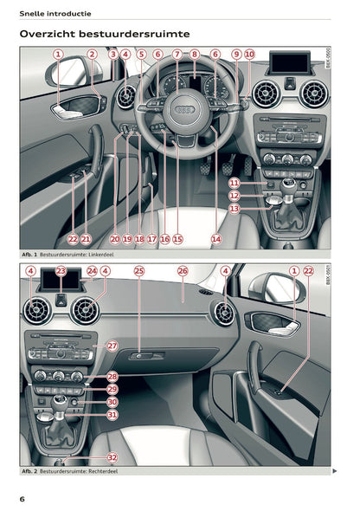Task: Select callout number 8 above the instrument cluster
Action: point(195,54)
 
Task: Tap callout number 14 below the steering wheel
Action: point(215,238)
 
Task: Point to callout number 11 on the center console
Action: point(235,184)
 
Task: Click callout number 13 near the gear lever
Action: point(235,209)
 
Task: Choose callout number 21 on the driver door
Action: point(86,238)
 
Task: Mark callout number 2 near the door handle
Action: point(92,54)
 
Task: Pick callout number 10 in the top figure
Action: point(249,54)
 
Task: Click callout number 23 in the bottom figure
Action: point(61,271)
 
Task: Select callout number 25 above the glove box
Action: point(139,271)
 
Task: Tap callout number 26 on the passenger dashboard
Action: point(183,271)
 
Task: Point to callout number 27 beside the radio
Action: point(112,346)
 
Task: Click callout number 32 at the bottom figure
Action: point(112,456)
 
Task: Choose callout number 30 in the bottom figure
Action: point(112,402)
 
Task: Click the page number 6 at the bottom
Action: point(22,499)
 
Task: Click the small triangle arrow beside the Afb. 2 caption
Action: point(335,471)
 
